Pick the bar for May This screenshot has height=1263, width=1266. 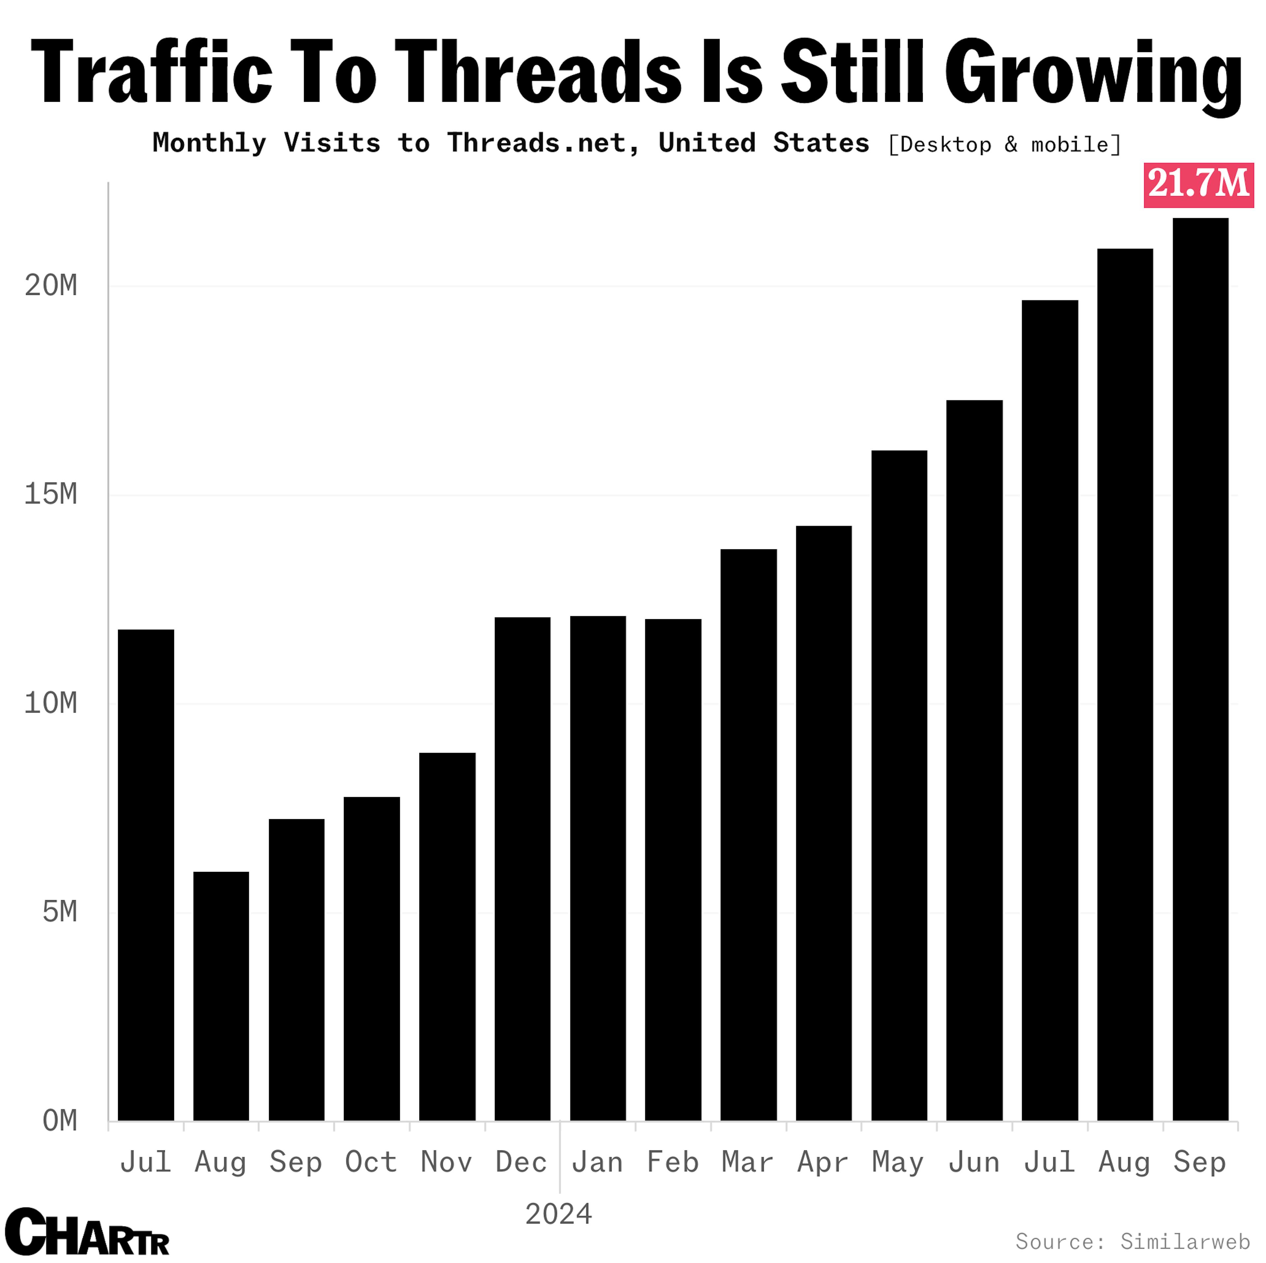click(x=899, y=786)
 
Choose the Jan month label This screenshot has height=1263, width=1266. click(x=597, y=1162)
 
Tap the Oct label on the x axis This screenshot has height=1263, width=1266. click(x=371, y=1162)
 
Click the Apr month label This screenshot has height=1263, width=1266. click(x=823, y=1162)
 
